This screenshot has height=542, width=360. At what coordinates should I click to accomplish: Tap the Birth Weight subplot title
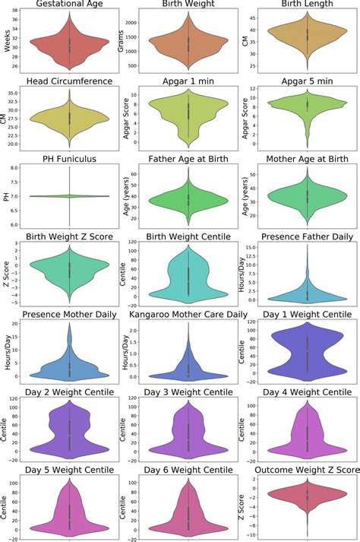(188, 6)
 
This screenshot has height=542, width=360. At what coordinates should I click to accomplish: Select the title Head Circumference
(70, 81)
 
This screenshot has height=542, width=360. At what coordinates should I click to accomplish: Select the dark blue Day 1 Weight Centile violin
(307, 355)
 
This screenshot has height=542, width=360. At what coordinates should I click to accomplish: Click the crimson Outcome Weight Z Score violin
(307, 499)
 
